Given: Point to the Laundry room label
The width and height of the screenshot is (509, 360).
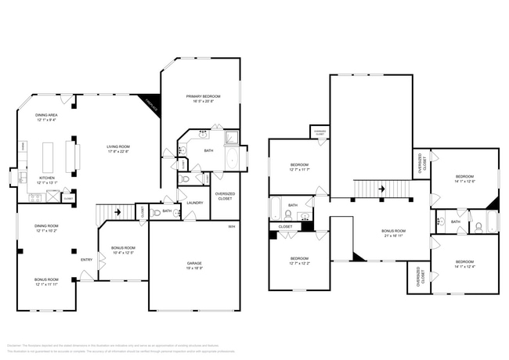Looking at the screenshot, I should tap(195, 203).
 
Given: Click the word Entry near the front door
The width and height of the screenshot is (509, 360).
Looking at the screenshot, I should tap(86, 260).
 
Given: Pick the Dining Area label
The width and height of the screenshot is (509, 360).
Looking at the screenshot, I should tap(45, 117).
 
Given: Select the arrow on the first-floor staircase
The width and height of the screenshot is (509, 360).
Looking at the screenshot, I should tap(117, 211).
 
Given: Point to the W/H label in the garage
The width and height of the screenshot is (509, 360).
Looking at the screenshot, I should tap(231, 227).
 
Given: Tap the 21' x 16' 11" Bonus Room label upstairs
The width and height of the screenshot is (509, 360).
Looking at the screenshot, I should tap(393, 232).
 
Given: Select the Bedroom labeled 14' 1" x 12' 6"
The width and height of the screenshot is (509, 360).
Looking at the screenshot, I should tap(465, 179).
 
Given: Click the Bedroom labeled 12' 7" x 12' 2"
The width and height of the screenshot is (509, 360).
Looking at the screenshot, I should tap(299, 261).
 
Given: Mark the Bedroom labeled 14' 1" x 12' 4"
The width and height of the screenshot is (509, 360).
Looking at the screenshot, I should tap(465, 264).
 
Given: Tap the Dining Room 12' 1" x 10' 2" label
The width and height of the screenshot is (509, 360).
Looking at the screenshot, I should tap(45, 229).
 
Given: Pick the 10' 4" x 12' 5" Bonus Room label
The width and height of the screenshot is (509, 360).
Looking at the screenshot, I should tap(124, 250).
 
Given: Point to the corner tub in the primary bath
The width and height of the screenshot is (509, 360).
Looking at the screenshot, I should tap(232, 139).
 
